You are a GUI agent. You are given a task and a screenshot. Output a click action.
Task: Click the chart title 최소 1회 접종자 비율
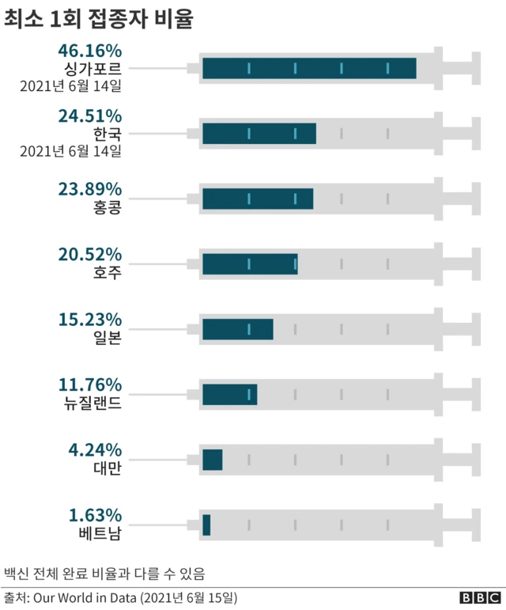(99, 20)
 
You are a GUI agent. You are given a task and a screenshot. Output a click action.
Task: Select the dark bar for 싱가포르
(309, 69)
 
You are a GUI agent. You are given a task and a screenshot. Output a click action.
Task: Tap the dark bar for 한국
(259, 134)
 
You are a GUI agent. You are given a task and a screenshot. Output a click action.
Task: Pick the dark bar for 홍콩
(258, 199)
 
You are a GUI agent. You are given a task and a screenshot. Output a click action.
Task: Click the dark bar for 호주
(250, 264)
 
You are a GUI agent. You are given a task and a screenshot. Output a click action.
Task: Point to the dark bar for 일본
(237, 329)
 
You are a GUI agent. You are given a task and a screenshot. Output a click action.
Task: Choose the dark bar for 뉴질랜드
(229, 394)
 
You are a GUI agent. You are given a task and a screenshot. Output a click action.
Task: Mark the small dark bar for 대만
(212, 460)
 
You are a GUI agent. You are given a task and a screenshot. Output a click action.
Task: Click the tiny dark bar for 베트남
(206, 525)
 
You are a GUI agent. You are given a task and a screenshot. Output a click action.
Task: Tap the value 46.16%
(89, 52)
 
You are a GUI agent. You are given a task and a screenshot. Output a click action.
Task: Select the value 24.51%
(89, 117)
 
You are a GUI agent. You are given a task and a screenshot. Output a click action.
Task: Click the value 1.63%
(94, 515)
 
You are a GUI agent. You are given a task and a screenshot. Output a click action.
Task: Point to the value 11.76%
(89, 385)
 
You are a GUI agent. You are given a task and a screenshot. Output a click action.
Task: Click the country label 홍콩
(107, 208)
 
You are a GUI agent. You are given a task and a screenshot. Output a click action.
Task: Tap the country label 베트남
(100, 534)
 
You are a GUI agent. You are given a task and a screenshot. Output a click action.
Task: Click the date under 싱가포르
(71, 85)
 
